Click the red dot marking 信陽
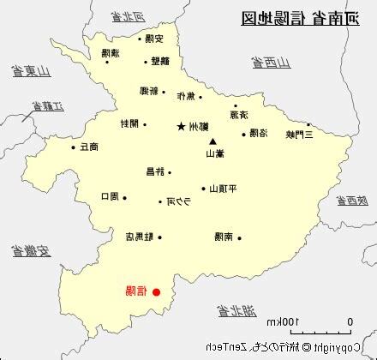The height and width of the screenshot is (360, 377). (156, 292)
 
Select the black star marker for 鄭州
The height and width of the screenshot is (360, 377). (181, 127)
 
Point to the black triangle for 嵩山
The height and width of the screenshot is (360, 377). (212, 141)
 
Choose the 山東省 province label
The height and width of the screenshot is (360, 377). (29, 71)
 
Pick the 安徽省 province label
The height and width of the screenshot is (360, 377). (32, 251)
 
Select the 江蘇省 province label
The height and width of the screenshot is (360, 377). (49, 108)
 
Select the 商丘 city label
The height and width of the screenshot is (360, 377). (88, 147)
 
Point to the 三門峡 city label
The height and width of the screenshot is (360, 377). (299, 134)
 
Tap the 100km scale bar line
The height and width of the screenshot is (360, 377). (320, 333)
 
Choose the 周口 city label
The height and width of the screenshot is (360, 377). (110, 197)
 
